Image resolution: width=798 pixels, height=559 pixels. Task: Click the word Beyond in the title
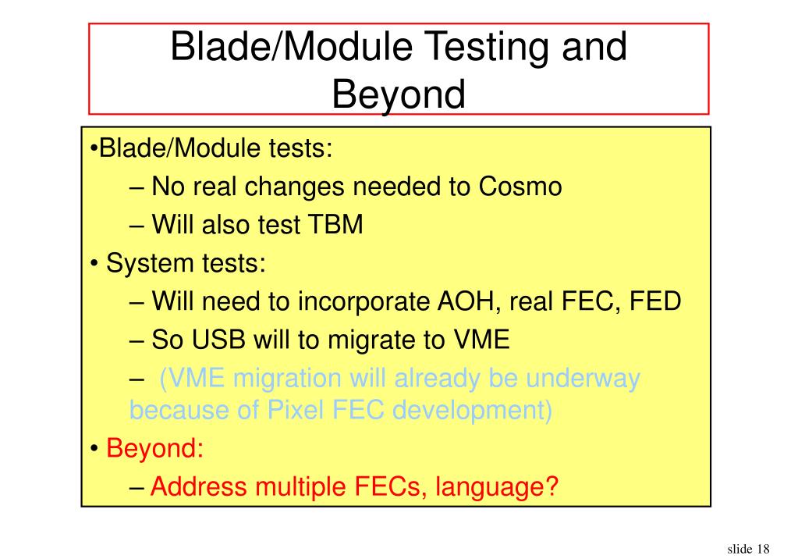point(399,94)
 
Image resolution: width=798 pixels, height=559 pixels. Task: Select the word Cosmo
point(520,187)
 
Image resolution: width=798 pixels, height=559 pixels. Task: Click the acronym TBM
point(335,224)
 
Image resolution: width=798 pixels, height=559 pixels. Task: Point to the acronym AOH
point(465,301)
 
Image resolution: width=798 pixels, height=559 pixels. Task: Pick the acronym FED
point(655,301)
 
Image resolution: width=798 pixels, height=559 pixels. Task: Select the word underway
point(583,379)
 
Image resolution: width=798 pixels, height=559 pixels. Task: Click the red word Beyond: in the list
point(154,448)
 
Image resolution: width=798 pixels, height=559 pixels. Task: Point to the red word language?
point(497,488)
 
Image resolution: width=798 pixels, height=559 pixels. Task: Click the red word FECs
point(387,486)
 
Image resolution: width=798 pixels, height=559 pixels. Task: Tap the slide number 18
point(763,549)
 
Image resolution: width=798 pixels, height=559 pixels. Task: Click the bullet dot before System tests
point(94,264)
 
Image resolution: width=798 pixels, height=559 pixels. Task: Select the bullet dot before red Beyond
point(94,449)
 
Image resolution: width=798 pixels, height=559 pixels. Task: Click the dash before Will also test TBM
point(137,225)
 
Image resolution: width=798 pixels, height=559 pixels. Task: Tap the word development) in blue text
point(472,411)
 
